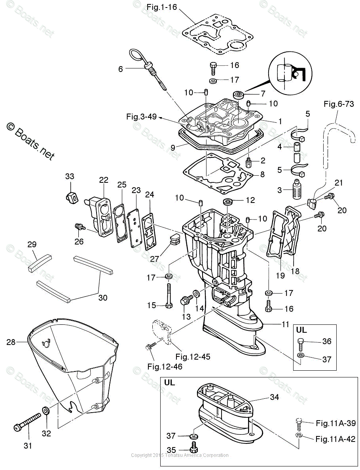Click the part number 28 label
click(x=11, y=342)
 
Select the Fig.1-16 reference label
click(x=162, y=7)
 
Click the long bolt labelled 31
click(x=28, y=423)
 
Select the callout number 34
click(x=275, y=397)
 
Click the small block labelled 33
click(x=72, y=196)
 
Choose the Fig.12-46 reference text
click(x=165, y=367)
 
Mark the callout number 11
click(x=286, y=324)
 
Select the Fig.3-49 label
click(x=142, y=117)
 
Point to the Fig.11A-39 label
click(x=335, y=423)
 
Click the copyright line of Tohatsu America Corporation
click(x=180, y=455)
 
